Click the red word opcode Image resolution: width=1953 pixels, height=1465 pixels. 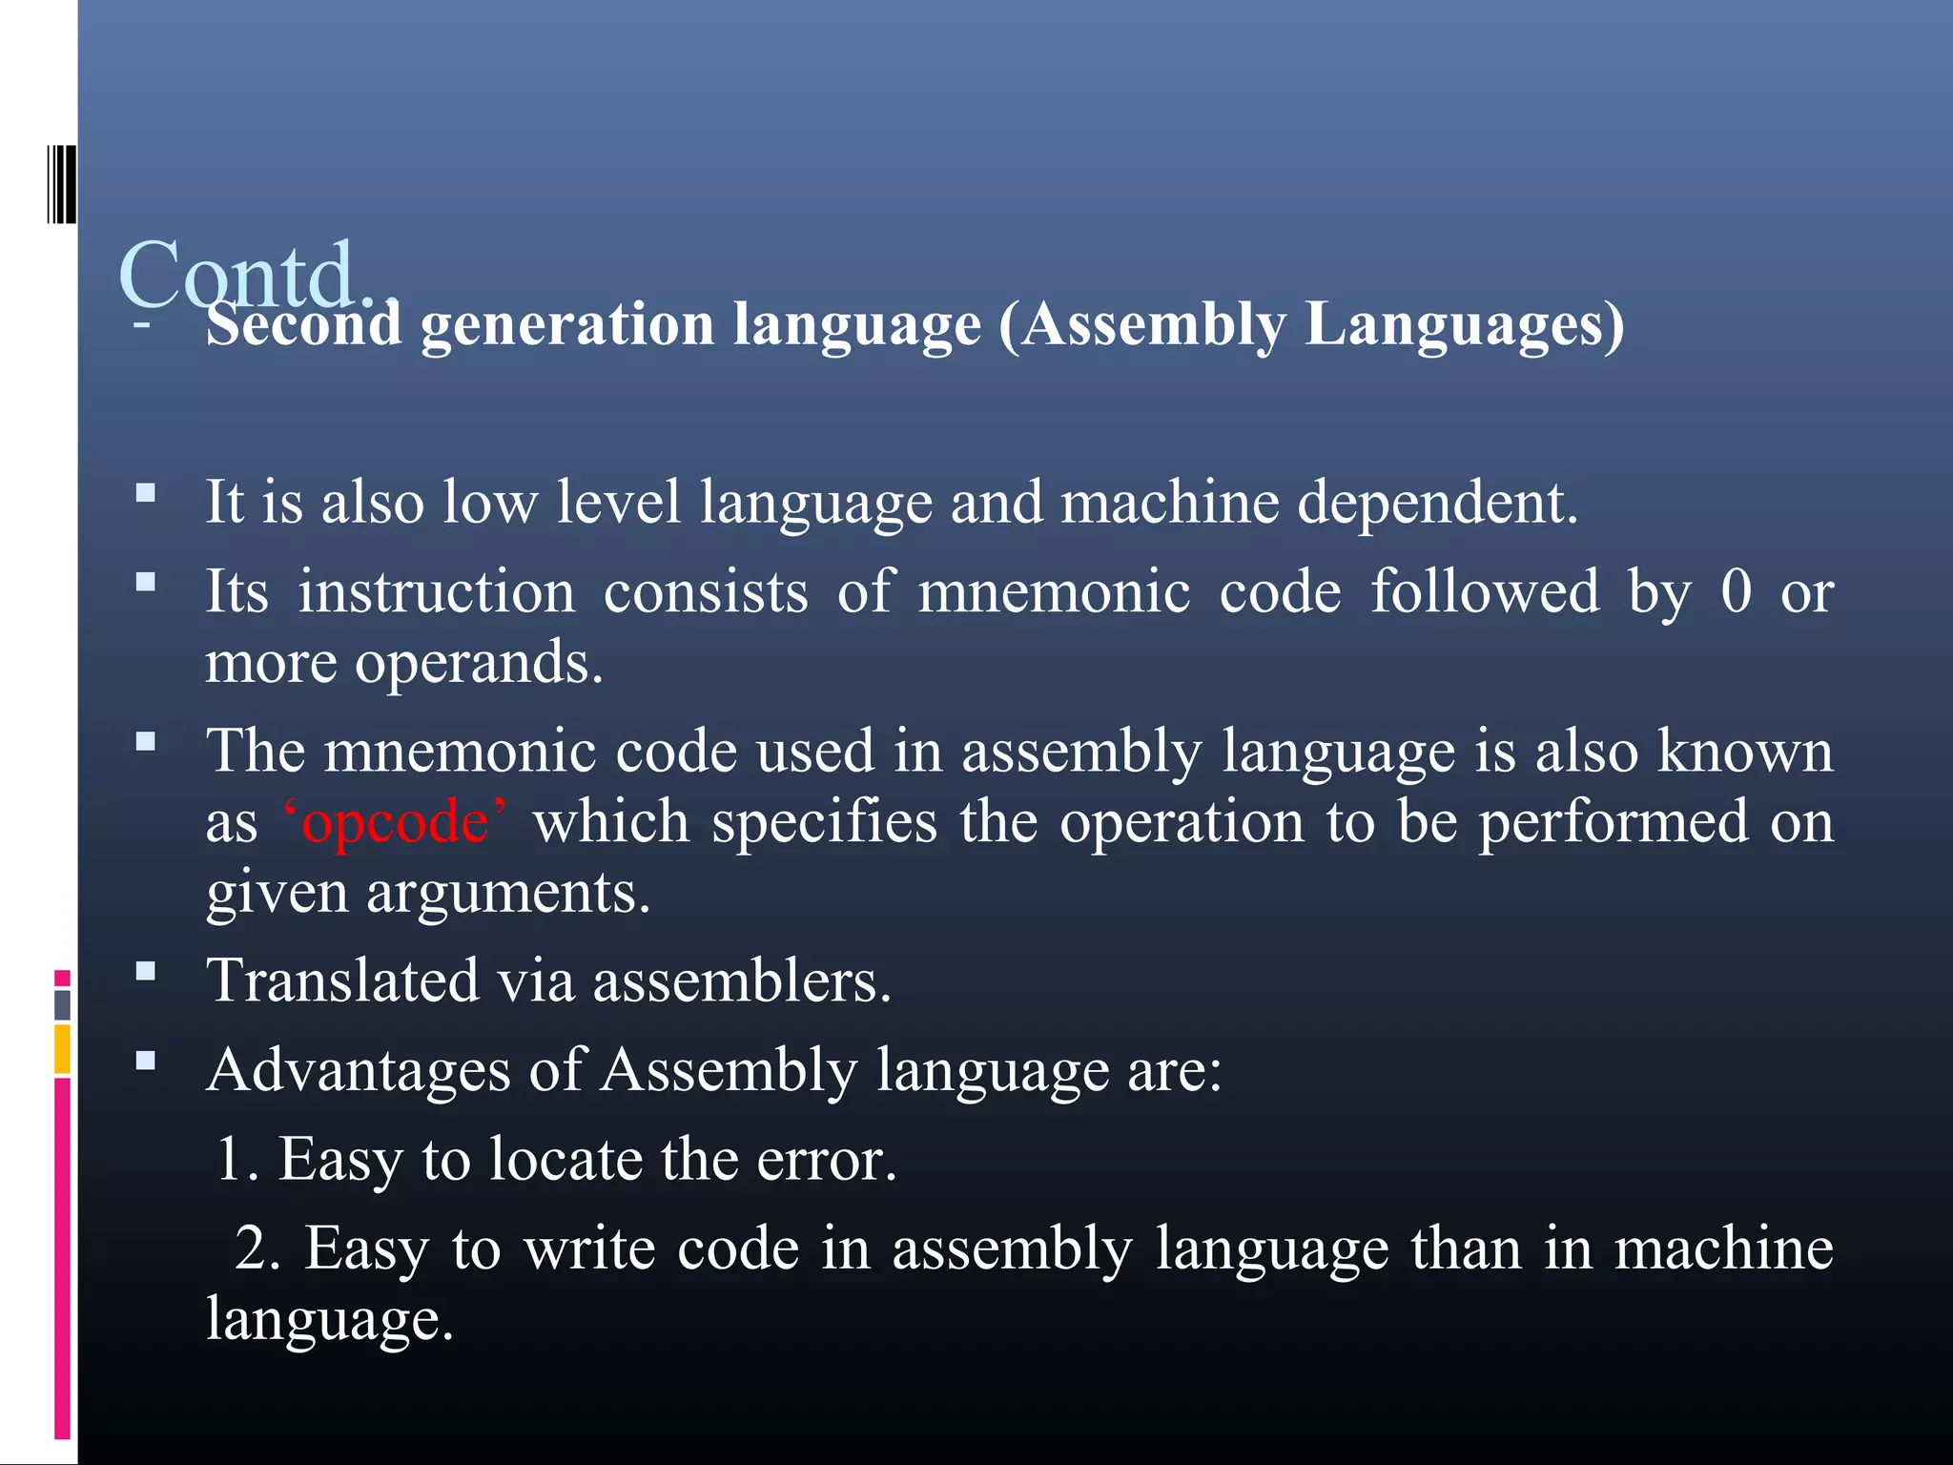395,822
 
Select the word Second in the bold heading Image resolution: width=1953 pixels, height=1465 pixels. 303,324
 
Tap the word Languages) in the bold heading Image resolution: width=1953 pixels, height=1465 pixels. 1464,324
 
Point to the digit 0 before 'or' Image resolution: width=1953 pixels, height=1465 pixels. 1737,591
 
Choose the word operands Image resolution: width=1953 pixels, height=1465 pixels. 479,663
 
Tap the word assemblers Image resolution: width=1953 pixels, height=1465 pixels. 741,980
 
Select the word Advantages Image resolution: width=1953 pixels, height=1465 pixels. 359,1070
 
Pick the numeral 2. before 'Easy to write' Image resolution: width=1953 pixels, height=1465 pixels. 257,1248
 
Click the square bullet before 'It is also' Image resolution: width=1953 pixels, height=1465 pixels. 146,493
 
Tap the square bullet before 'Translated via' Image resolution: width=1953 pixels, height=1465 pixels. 146,972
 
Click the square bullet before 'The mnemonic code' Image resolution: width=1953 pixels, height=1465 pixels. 146,741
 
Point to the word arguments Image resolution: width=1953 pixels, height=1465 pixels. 507,894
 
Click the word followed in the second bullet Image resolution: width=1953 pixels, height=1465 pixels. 1484,591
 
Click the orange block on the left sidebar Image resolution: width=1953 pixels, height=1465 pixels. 63,1048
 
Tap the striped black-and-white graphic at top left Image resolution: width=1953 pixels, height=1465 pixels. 62,184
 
